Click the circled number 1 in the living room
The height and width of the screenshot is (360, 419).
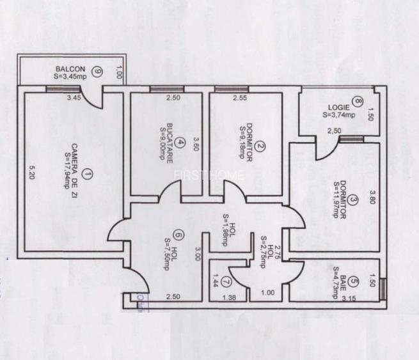coord(88,173)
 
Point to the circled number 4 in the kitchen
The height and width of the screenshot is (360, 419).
coord(182,143)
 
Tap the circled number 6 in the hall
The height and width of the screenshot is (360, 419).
coord(177,235)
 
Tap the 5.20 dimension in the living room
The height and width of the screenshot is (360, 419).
coord(32,173)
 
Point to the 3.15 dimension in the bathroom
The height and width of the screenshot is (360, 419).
coord(349,298)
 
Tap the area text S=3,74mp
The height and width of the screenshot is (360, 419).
coord(338,116)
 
